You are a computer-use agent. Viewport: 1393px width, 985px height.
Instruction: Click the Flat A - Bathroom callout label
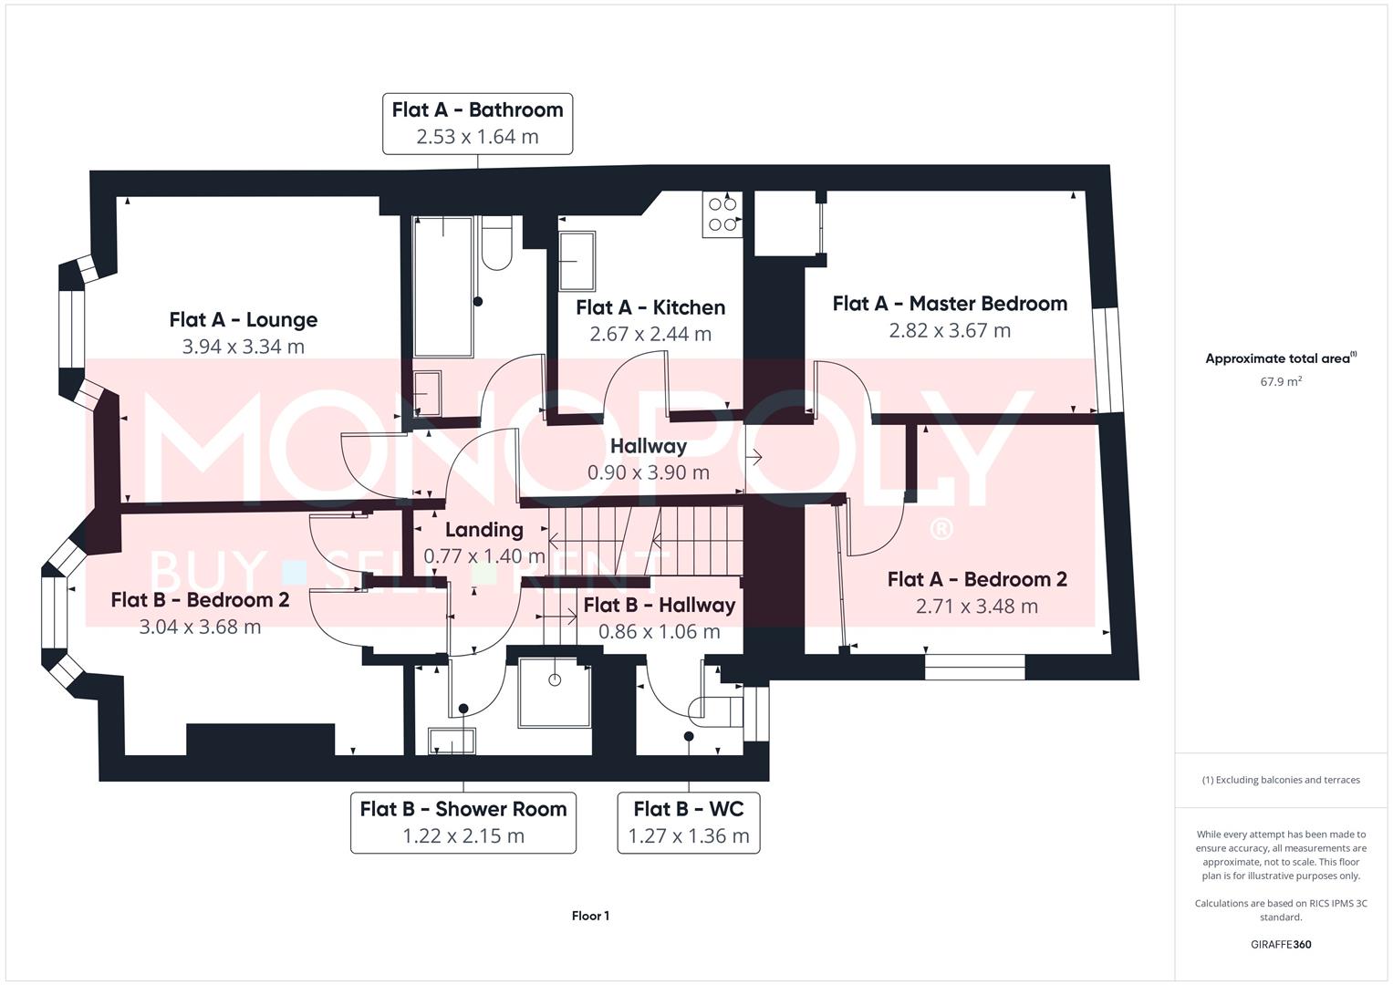pos(477,123)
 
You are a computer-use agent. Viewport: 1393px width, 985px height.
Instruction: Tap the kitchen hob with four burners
pos(722,214)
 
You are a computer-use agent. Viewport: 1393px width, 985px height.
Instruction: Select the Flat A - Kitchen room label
pos(650,307)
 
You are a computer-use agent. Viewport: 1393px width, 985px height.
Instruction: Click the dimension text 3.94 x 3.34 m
pos(243,347)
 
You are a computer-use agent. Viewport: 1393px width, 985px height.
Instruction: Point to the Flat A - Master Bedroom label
pos(950,304)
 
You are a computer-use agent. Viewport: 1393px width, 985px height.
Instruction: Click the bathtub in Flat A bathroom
pos(443,286)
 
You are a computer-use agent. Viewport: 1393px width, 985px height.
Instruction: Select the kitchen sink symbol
pos(577,260)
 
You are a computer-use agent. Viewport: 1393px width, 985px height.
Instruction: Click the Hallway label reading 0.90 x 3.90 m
pos(648,459)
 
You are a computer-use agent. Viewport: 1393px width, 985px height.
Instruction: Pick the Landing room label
pos(483,530)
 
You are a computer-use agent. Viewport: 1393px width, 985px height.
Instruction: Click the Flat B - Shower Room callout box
pos(463,822)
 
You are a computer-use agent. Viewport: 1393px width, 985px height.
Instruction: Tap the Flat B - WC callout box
pos(689,822)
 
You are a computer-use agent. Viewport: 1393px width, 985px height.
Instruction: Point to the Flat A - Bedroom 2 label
pos(977,580)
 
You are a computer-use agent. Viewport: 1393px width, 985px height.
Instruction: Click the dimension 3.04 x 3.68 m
pos(200,627)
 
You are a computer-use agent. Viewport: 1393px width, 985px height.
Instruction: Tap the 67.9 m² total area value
pos(1281,381)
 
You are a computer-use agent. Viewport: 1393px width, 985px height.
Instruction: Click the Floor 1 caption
pos(590,916)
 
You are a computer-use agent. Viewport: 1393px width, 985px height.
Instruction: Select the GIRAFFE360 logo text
pos(1281,944)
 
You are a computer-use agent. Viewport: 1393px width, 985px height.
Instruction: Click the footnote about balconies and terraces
pos(1281,780)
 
